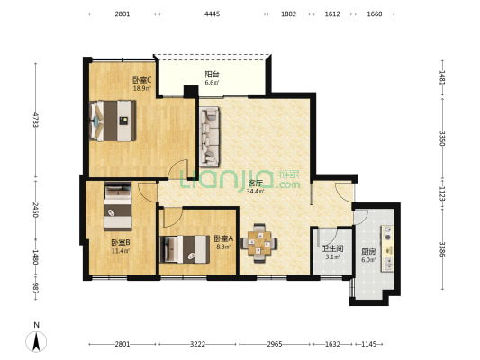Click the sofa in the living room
210,137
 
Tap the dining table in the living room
259,243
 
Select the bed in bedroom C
113,121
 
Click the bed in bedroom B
118,206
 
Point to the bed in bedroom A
185,249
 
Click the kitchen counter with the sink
387,248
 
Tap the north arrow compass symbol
36,341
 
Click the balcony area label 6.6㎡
212,83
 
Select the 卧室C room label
142,80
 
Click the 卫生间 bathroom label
332,248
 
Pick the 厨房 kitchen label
368,252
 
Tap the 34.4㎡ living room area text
255,192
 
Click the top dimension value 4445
213,13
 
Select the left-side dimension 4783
36,120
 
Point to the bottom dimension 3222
197,344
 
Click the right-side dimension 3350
442,139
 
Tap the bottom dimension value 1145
368,344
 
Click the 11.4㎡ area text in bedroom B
121,251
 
